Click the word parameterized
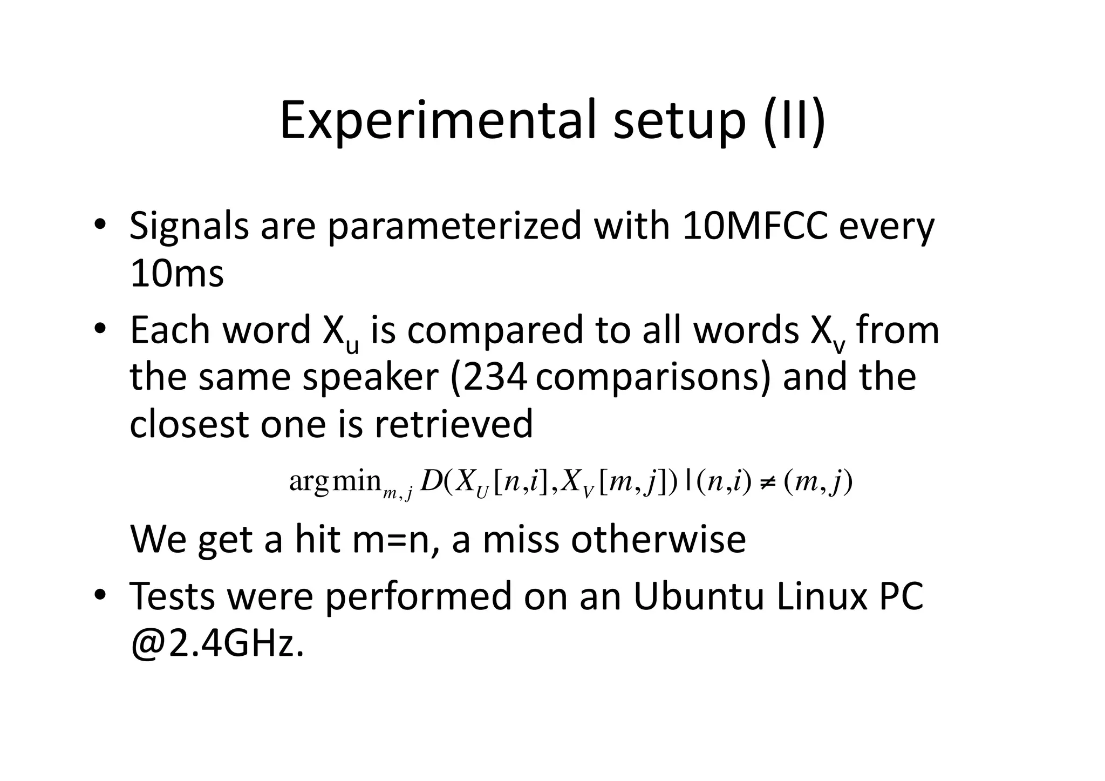[x=454, y=227]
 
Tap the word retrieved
[x=453, y=424]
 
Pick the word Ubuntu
[x=698, y=596]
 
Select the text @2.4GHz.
[x=217, y=644]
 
